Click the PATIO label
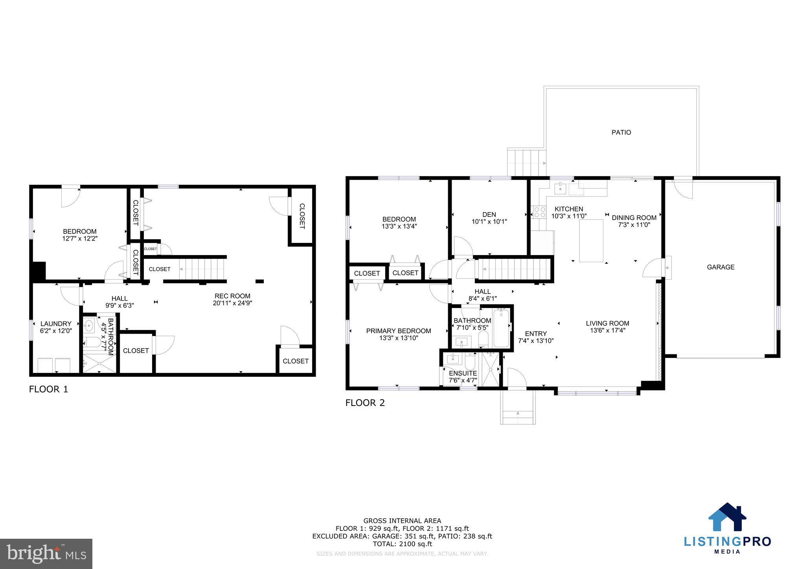tap(621, 132)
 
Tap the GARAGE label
tap(720, 267)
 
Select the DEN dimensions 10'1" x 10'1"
tap(489, 222)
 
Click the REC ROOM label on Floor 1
tap(232, 296)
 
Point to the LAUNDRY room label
tap(56, 324)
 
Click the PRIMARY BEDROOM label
tap(399, 331)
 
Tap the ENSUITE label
tap(463, 373)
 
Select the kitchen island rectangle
tap(592, 241)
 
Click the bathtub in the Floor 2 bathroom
tap(501, 329)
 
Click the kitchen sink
tap(560, 188)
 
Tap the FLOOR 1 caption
tap(48, 389)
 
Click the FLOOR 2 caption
tap(365, 403)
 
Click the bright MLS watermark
tap(46, 554)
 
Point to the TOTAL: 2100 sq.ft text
tap(402, 544)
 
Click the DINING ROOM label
tap(634, 218)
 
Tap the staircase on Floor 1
tap(202, 269)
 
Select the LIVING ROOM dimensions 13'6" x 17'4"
tap(607, 330)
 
